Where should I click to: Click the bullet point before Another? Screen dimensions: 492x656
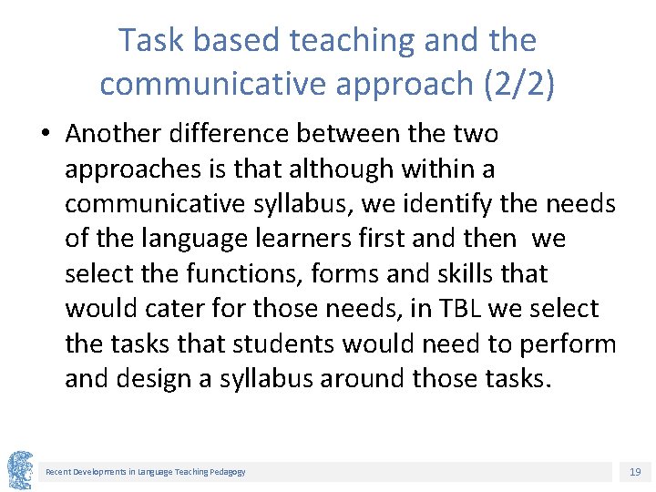[44, 134]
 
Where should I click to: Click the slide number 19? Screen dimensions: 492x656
[635, 472]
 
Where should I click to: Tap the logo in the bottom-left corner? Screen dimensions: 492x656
[20, 470]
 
